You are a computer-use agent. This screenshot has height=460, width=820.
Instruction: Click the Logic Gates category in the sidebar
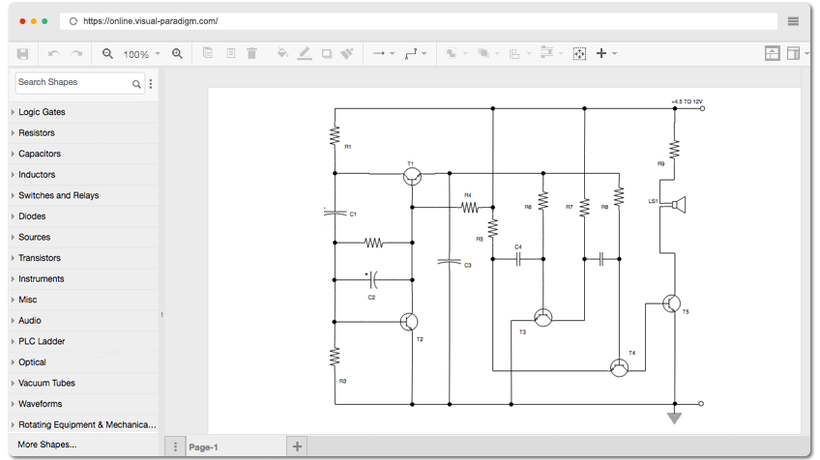42,112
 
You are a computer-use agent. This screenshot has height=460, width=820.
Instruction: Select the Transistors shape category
40,258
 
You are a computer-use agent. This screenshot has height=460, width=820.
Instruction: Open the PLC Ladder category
42,341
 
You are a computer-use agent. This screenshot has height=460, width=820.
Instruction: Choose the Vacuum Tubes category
46,383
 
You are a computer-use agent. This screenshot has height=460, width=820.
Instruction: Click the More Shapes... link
47,445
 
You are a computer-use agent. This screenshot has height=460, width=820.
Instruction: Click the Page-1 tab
203,447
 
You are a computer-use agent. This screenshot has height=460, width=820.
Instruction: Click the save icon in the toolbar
22,54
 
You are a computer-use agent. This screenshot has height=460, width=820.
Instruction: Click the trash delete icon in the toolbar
251,53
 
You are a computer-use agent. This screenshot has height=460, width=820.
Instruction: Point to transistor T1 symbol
413,177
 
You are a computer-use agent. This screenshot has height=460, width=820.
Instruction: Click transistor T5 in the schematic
671,303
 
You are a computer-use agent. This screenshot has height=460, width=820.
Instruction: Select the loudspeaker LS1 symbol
677,205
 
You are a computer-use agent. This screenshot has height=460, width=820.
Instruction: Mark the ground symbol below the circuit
675,418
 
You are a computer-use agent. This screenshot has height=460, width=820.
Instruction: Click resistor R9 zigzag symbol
675,150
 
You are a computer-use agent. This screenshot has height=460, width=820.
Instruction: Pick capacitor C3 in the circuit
450,261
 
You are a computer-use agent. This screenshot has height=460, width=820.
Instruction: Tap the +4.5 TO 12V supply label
687,101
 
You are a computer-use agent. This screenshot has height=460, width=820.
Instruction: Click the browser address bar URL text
151,21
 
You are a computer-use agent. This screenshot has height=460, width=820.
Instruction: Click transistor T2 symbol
409,322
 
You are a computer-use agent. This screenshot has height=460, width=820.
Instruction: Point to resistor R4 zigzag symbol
470,208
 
